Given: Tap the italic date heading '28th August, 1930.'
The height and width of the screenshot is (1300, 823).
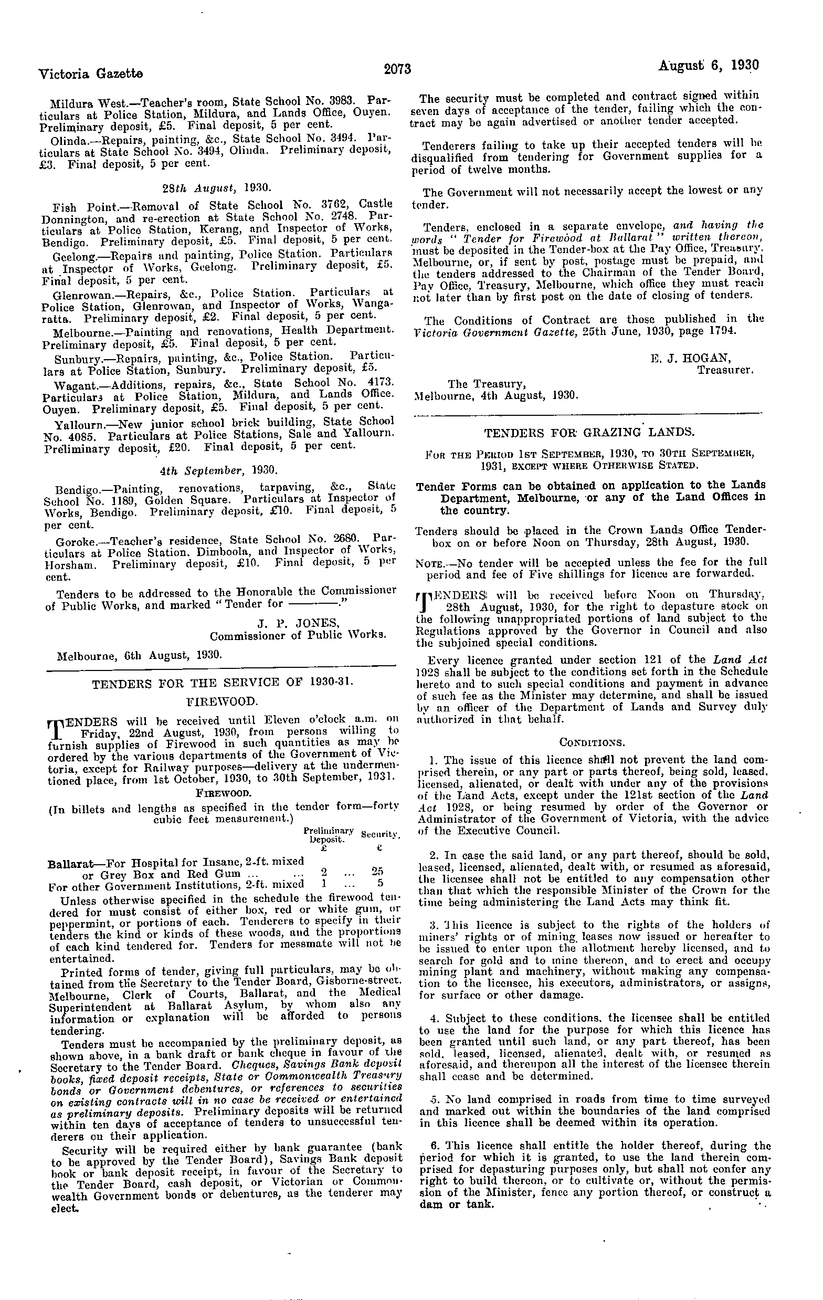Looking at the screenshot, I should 217,188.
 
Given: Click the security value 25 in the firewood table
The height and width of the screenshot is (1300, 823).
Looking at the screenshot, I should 377,871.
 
